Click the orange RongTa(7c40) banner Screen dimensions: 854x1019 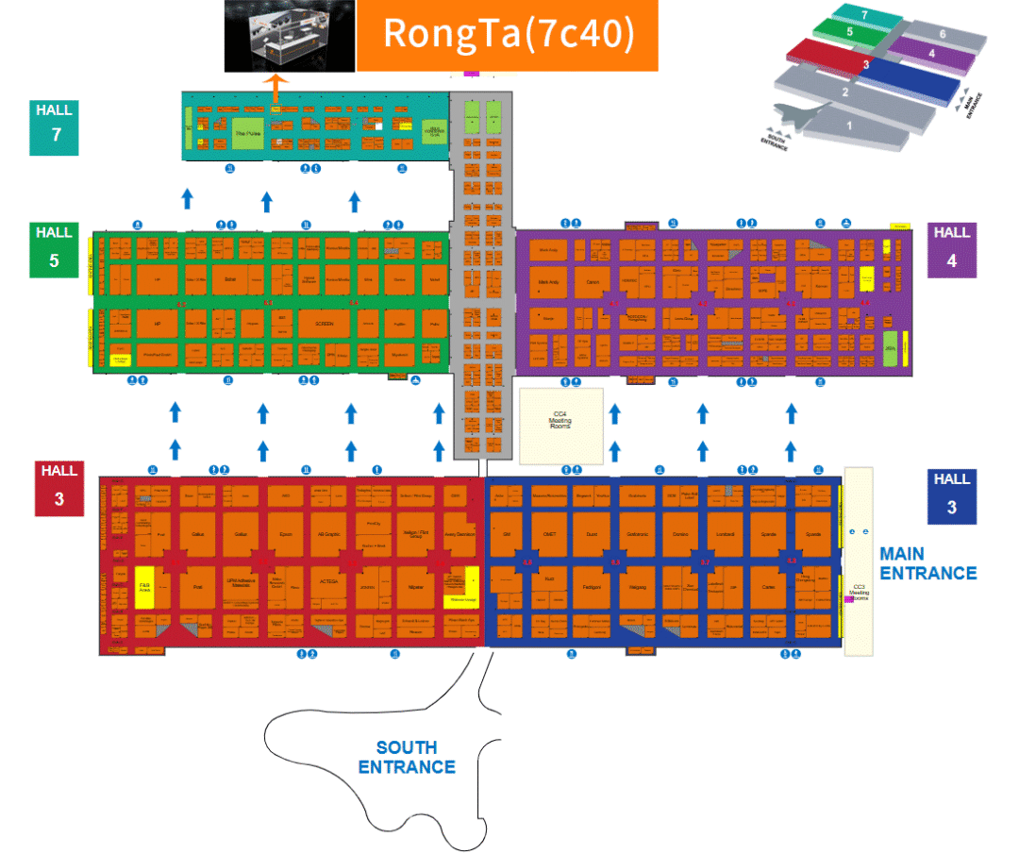click(x=507, y=36)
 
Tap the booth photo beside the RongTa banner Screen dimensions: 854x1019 click(x=289, y=36)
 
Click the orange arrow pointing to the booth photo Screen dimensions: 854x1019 click(x=276, y=87)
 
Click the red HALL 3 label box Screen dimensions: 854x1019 click(x=58, y=488)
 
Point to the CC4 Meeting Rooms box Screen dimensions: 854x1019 click(x=560, y=425)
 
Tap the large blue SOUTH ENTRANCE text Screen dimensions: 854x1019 click(x=407, y=757)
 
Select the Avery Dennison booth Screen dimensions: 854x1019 click(x=459, y=533)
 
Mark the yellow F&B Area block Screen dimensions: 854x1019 click(x=145, y=586)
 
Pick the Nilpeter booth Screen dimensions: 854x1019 click(x=415, y=586)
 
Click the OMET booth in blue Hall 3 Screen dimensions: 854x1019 click(x=548, y=533)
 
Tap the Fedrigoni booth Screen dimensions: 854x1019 click(x=593, y=586)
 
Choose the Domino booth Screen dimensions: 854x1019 click(x=680, y=533)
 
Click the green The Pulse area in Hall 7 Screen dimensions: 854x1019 click(x=246, y=134)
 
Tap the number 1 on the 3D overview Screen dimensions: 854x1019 click(x=848, y=124)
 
